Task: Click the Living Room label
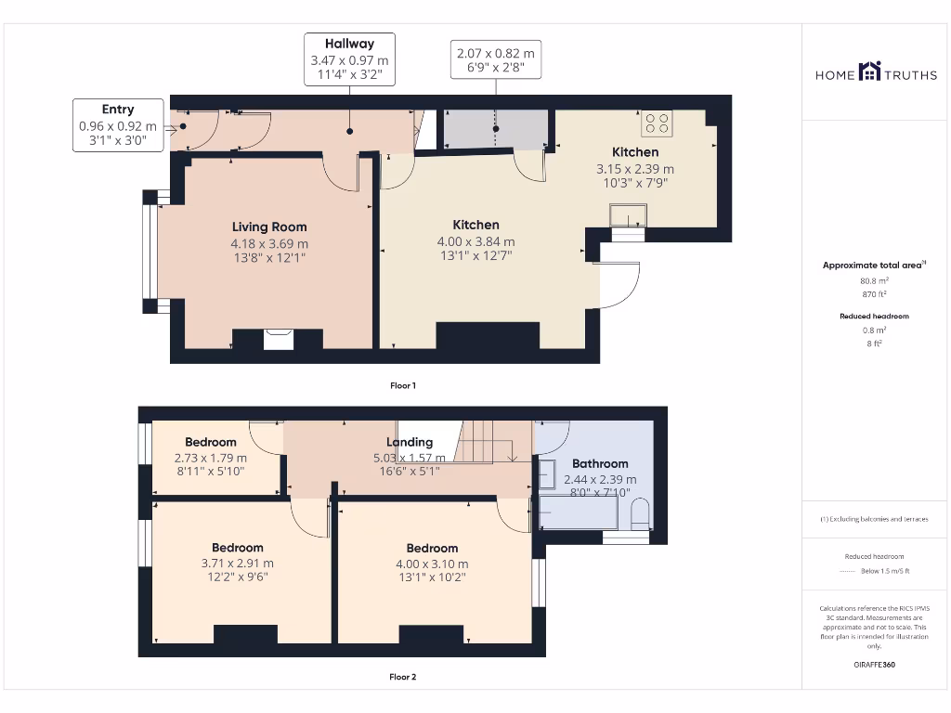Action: point(269,227)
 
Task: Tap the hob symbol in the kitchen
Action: point(657,123)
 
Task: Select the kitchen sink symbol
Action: point(628,215)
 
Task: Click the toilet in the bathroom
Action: point(640,513)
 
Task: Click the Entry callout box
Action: point(118,125)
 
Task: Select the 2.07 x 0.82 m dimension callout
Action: point(496,59)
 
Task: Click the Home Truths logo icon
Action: point(869,71)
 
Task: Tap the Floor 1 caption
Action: point(403,385)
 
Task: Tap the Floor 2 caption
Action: point(403,677)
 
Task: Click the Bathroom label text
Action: point(600,464)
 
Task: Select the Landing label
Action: point(410,442)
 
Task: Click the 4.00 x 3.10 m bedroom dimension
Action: point(432,564)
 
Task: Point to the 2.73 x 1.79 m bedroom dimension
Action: point(211,458)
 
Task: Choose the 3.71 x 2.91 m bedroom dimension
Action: point(237,564)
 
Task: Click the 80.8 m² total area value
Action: point(874,280)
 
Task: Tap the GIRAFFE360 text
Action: point(874,665)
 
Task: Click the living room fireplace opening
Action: point(279,340)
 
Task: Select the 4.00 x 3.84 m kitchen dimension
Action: point(475,241)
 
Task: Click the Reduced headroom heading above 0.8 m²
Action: point(874,316)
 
